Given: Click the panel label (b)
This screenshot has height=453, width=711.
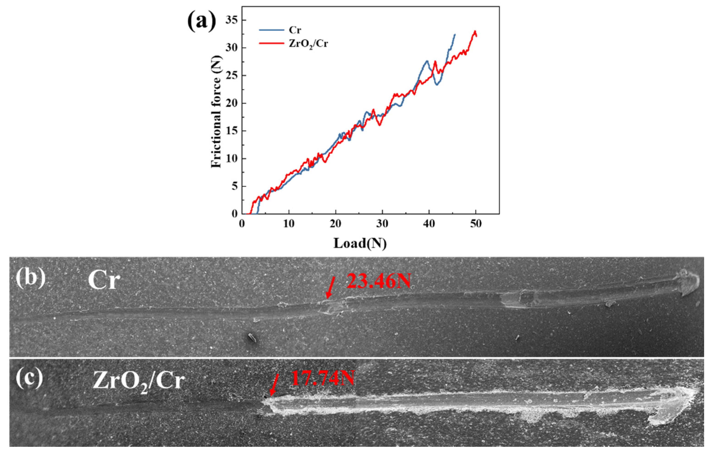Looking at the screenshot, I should pos(31,278).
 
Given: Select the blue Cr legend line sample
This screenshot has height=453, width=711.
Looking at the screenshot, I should pos(271,30).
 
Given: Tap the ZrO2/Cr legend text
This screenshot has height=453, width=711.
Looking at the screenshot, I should pos(308,44).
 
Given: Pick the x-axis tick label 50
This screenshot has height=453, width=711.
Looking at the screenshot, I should pos(475,223).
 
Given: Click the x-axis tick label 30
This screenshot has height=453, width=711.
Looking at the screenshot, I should pos(382,223).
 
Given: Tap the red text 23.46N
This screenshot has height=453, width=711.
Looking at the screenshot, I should pos(378,281).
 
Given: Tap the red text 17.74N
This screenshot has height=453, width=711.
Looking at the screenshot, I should pos(322,378).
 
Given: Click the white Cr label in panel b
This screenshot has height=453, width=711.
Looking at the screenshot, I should pos(104,281).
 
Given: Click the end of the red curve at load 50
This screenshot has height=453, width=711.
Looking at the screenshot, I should pos(476,36).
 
